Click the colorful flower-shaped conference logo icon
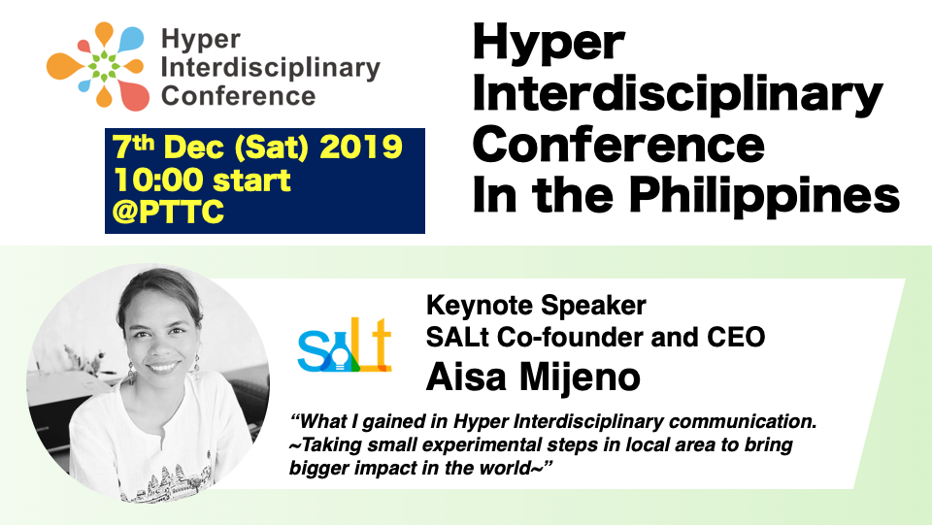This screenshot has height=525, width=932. (x=97, y=66)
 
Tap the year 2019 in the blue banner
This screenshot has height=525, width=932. (x=361, y=147)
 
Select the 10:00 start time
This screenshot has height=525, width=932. (x=202, y=180)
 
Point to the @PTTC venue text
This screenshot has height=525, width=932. (x=168, y=211)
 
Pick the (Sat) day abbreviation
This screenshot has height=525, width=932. (x=272, y=148)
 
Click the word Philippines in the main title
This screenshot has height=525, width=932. (x=764, y=197)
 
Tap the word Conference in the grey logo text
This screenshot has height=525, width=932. (x=238, y=96)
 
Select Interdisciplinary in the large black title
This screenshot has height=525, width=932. (x=678, y=94)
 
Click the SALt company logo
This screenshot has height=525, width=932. (x=345, y=345)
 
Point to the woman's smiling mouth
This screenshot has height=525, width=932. (x=163, y=367)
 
